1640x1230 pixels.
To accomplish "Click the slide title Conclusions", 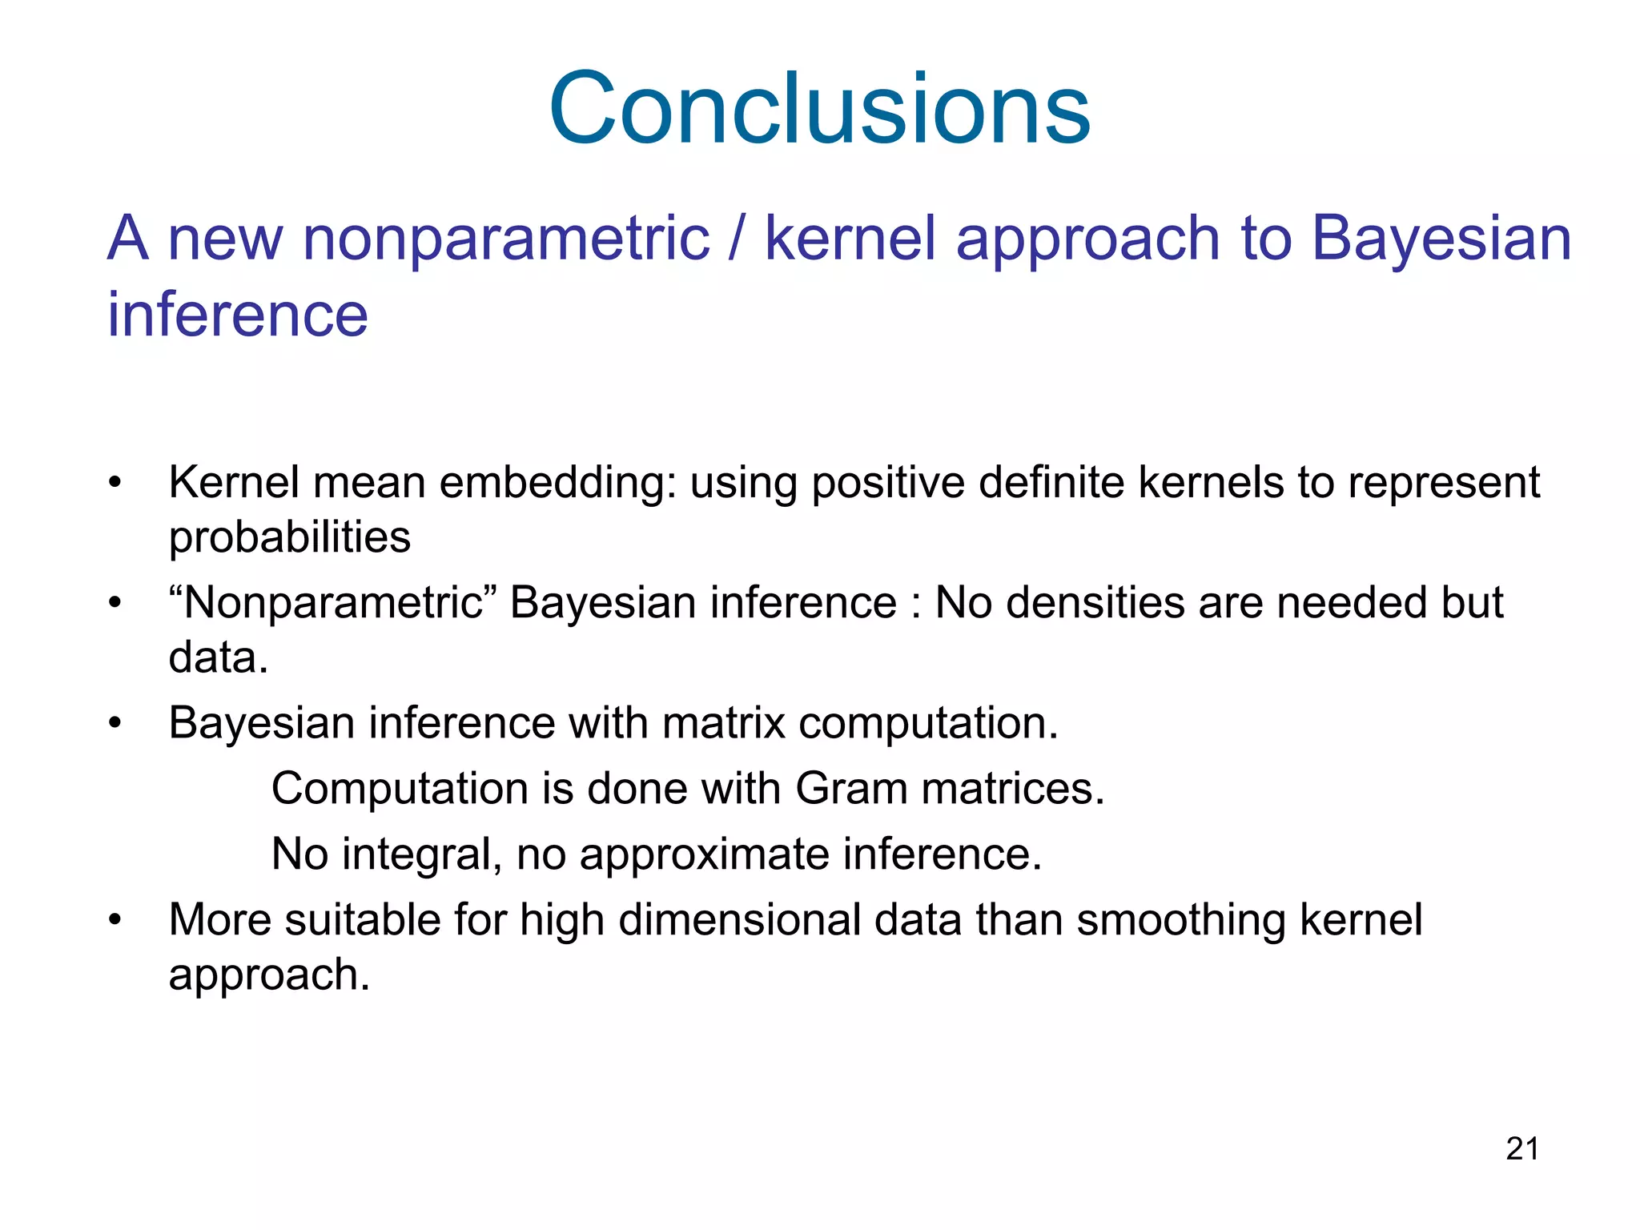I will coord(819,109).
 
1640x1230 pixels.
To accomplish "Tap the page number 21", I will coord(1521,1149).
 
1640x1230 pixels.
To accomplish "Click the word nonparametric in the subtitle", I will coord(506,239).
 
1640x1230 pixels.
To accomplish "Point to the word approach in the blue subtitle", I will coord(1087,239).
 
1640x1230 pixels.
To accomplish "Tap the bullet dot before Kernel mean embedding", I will coord(115,483).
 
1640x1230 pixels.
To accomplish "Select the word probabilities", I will coord(289,537).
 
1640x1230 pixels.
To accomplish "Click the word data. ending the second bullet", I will coord(218,657).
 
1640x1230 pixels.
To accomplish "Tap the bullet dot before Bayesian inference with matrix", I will coord(115,723).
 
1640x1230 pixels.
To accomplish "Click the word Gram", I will coord(850,789).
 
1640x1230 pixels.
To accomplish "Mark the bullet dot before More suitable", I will coord(115,919).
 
